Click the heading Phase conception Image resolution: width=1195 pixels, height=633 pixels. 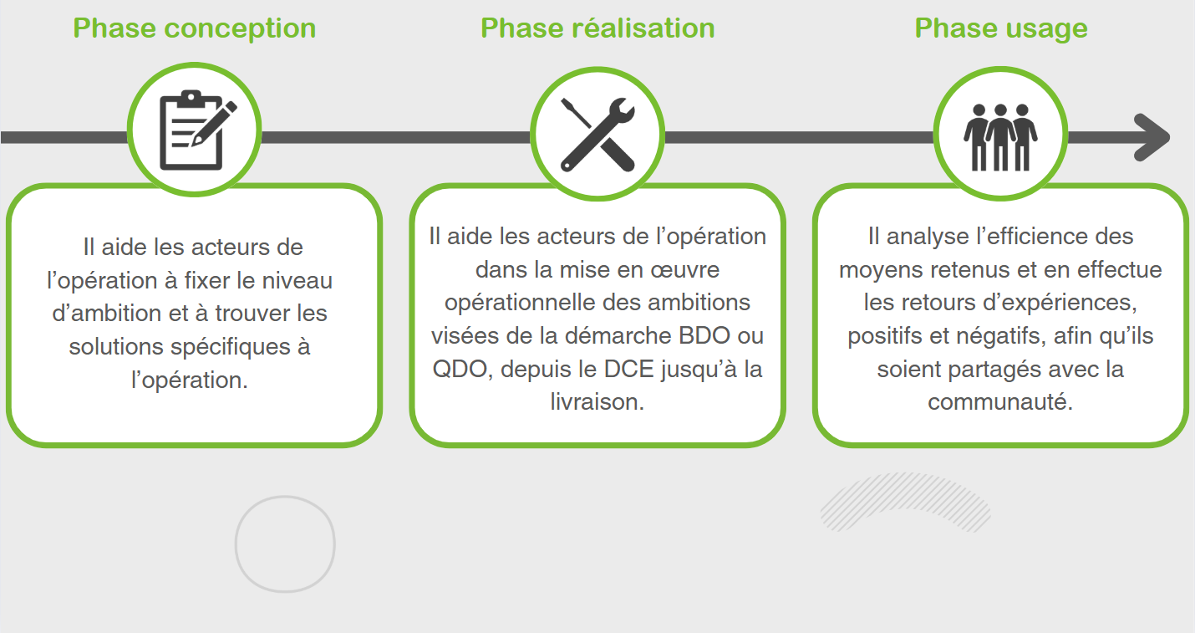click(x=195, y=28)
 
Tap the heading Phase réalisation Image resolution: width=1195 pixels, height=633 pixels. click(x=597, y=28)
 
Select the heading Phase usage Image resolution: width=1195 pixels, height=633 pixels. click(x=1001, y=28)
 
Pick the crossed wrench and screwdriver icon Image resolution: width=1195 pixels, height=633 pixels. click(x=597, y=135)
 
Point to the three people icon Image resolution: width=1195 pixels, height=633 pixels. click(x=1000, y=137)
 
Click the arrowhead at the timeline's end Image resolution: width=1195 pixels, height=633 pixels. click(x=1152, y=137)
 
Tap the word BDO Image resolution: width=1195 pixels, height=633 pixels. click(x=704, y=335)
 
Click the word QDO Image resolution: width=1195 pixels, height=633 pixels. click(x=460, y=370)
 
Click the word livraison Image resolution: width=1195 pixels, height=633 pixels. click(x=597, y=402)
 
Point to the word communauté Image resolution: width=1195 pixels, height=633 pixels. click(x=1000, y=402)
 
